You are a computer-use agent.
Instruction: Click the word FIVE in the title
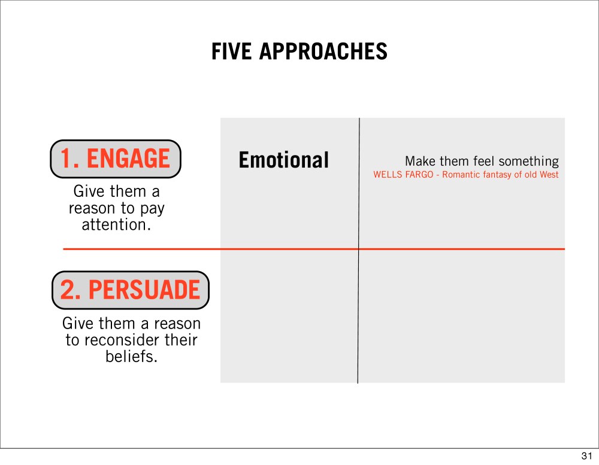click(x=231, y=51)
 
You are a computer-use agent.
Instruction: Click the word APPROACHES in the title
click(x=323, y=51)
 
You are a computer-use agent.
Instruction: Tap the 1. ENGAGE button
click(x=116, y=159)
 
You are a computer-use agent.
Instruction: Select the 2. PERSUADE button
click(x=131, y=290)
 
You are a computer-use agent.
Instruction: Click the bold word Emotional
click(x=283, y=160)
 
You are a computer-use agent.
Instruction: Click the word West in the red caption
click(x=549, y=175)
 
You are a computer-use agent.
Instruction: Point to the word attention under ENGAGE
click(x=116, y=225)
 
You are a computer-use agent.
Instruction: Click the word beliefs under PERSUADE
click(x=131, y=357)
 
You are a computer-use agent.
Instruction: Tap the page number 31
click(x=587, y=456)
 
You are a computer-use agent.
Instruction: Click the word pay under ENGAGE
click(x=152, y=209)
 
